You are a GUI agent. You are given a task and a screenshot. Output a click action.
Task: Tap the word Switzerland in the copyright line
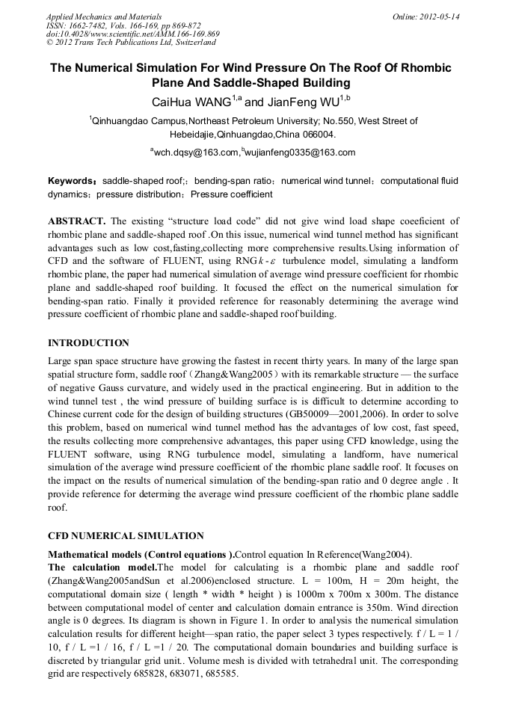[x=186, y=43]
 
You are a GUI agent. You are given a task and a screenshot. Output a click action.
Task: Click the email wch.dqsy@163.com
[x=196, y=153]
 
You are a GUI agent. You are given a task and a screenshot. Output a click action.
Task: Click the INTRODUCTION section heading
[x=88, y=343]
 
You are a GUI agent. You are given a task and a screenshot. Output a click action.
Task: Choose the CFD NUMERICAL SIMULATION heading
[x=126, y=536]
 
